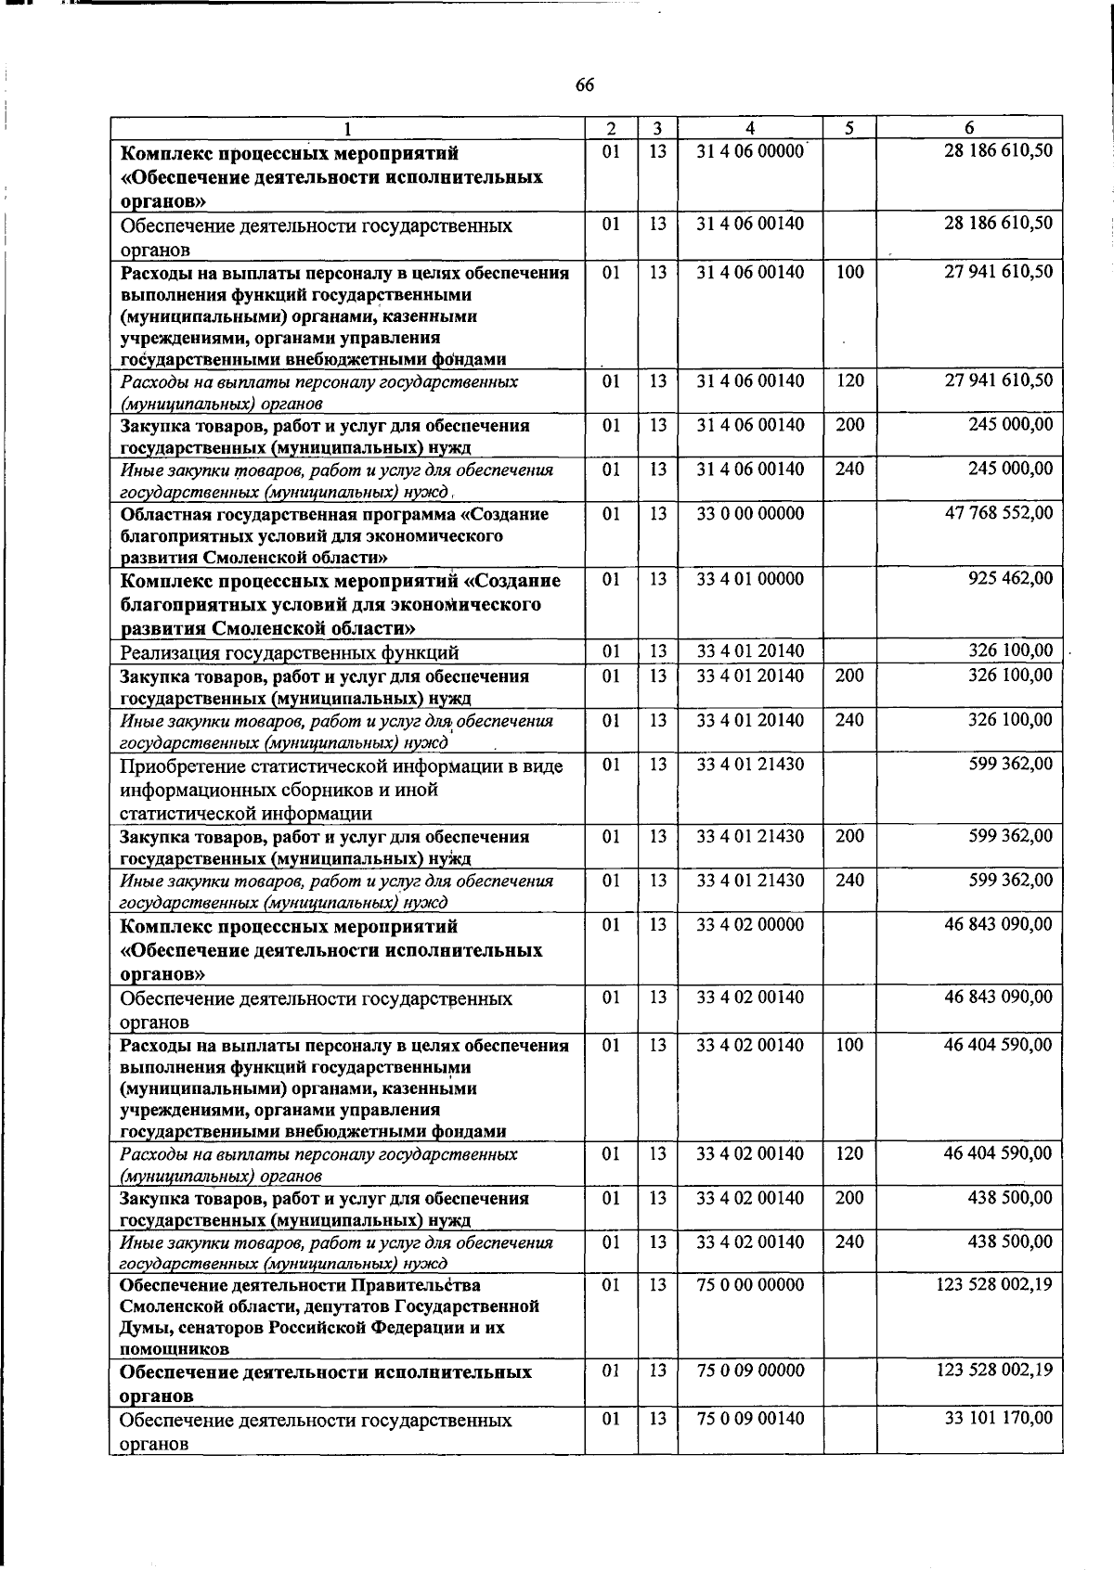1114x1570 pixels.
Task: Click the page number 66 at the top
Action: point(584,85)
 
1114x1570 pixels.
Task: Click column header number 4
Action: point(749,128)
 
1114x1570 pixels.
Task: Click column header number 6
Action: point(968,128)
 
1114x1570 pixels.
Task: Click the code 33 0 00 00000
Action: point(750,513)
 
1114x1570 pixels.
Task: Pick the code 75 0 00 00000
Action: point(750,1285)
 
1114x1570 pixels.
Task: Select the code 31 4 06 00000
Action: point(750,151)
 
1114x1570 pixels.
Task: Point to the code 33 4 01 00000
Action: point(750,578)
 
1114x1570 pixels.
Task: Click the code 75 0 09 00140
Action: point(750,1419)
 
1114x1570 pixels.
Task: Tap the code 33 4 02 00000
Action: point(750,925)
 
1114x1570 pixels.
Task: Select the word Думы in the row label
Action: point(142,1328)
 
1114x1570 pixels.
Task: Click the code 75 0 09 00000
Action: point(750,1371)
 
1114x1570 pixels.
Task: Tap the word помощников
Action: point(175,1349)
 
